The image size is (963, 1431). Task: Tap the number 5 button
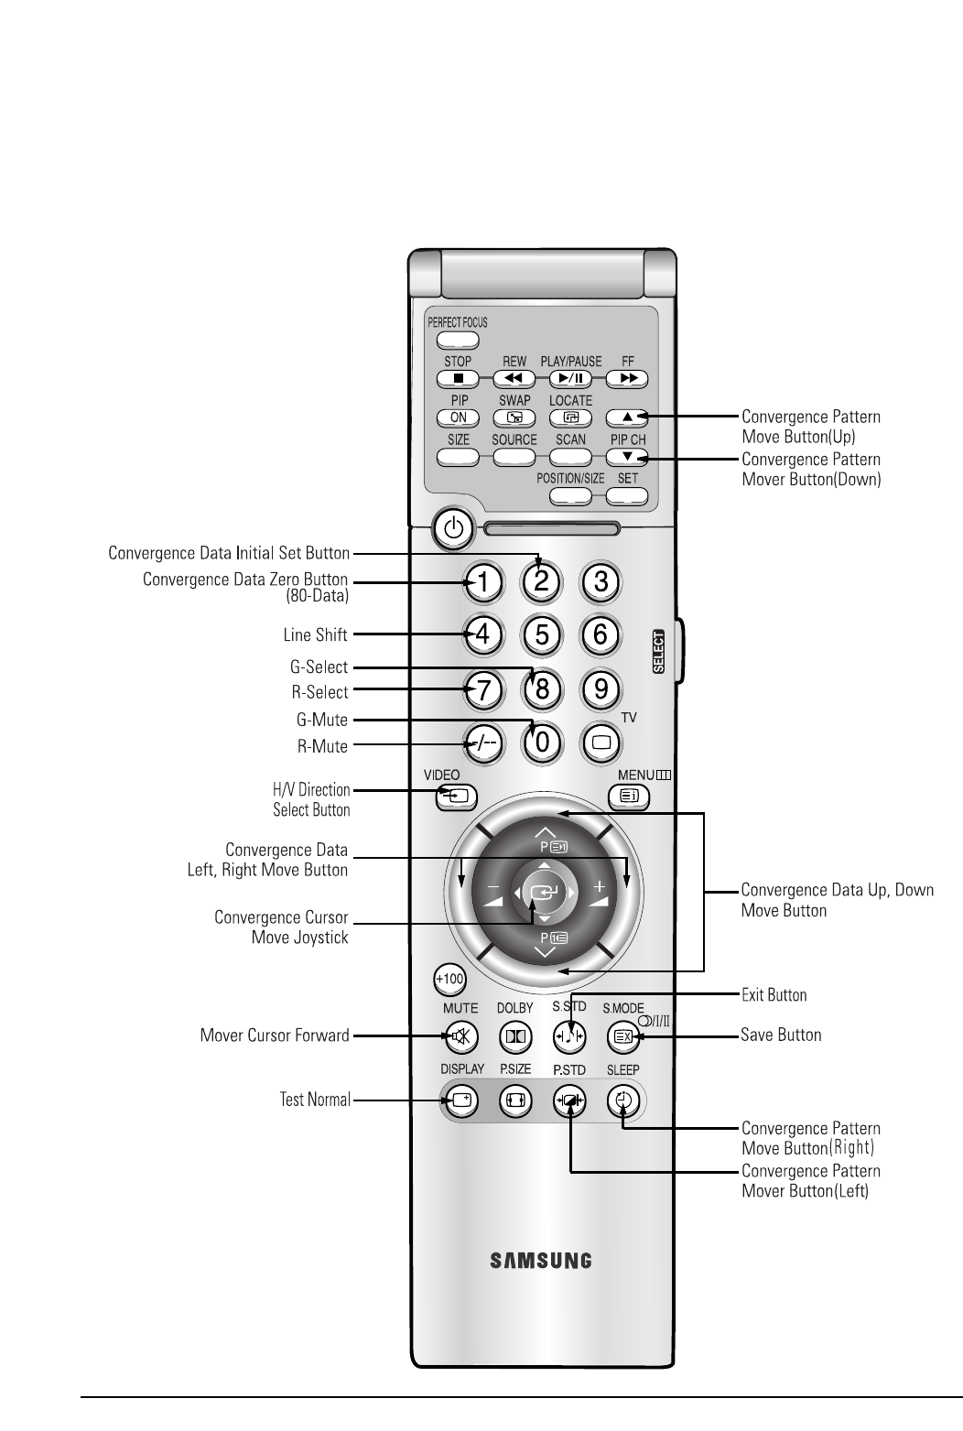point(542,634)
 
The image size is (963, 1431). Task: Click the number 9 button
point(601,688)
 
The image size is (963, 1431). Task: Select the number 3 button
point(601,581)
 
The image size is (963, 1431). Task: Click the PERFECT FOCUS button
point(458,340)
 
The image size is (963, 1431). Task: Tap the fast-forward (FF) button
point(627,378)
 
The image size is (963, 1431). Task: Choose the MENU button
point(629,797)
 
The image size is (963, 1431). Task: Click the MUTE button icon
point(460,1037)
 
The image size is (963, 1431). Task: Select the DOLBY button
point(514,1037)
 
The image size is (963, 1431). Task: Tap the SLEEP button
point(623,1101)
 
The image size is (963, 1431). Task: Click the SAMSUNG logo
point(541,1261)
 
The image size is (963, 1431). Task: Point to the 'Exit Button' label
point(774,994)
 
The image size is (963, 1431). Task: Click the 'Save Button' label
point(781,1035)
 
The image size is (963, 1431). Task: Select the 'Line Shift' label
point(315,634)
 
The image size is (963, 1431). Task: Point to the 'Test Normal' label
point(315,1100)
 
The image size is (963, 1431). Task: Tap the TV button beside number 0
point(601,743)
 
